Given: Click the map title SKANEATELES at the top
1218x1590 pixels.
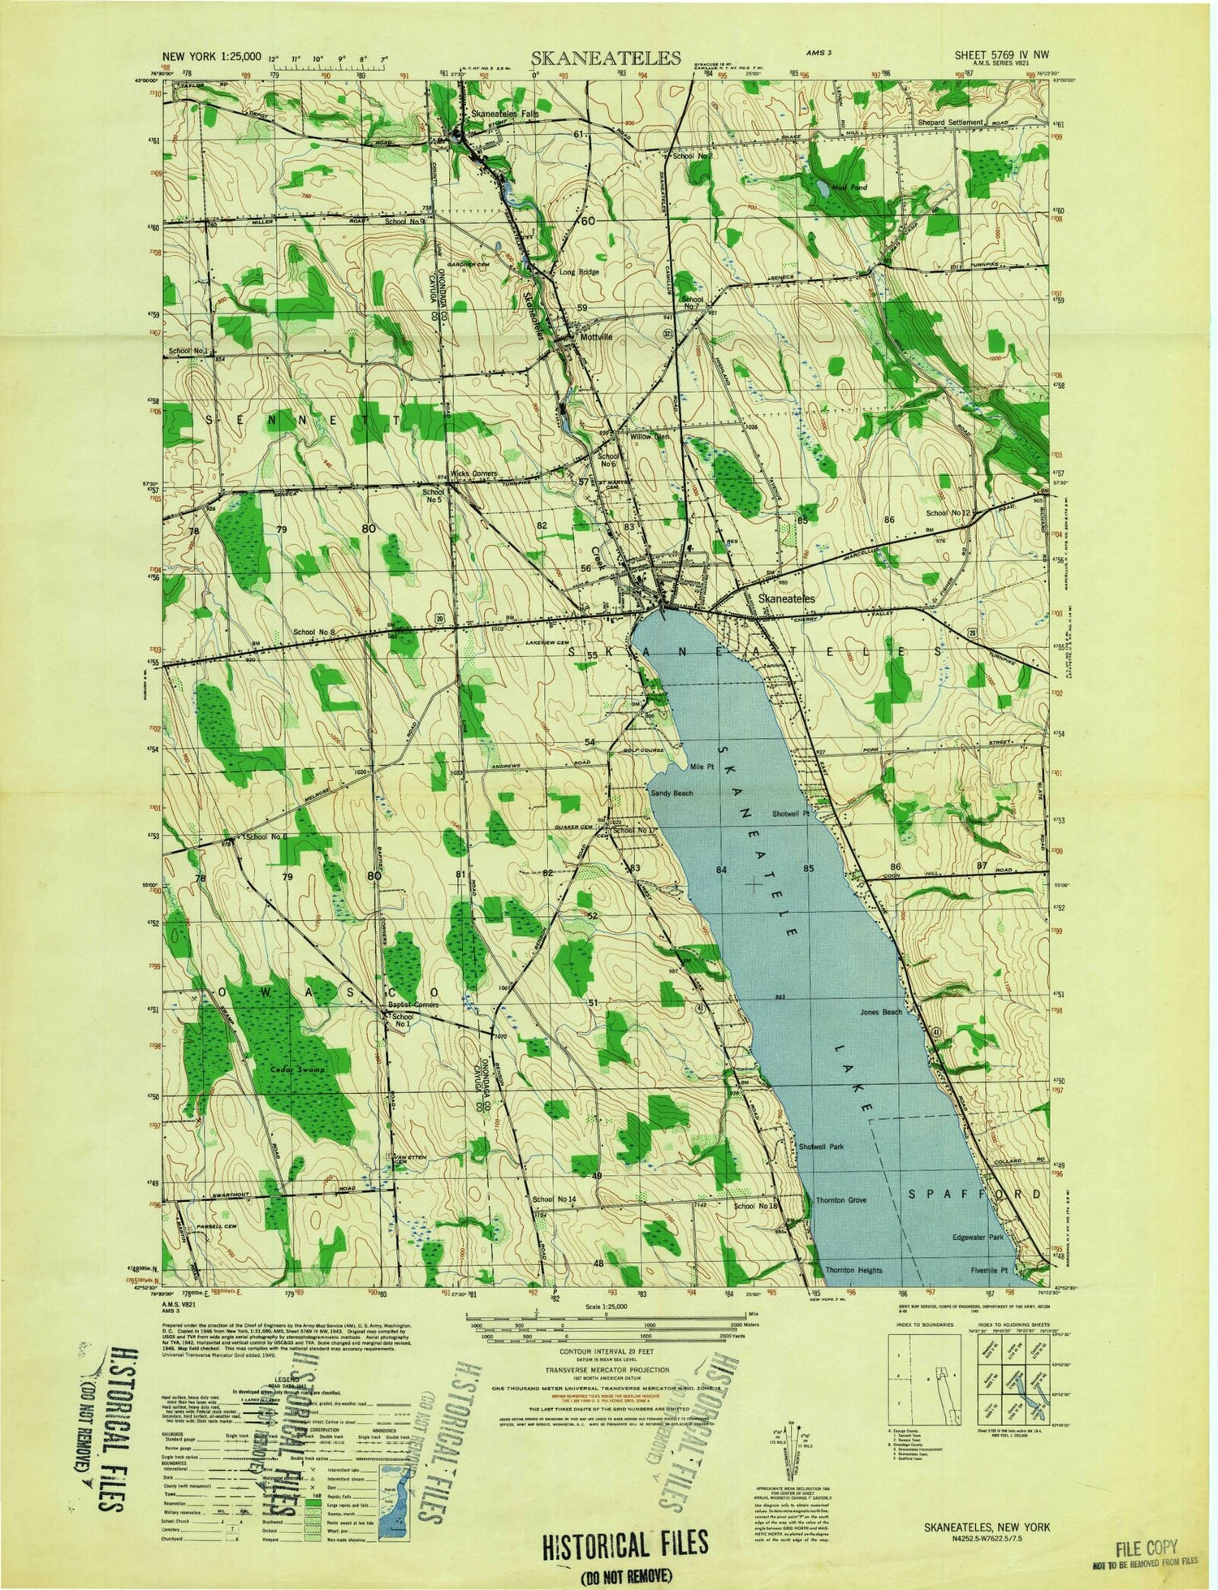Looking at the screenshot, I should point(606,58).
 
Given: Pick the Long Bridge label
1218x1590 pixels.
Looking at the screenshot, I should point(579,272).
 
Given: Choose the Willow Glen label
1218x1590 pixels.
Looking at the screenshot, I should point(650,437).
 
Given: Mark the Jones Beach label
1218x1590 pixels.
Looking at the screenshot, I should point(881,1012).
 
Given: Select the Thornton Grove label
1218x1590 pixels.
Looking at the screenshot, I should point(841,1199).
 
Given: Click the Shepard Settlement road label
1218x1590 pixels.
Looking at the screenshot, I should point(963,123).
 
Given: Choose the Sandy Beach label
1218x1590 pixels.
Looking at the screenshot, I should point(672,793).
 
